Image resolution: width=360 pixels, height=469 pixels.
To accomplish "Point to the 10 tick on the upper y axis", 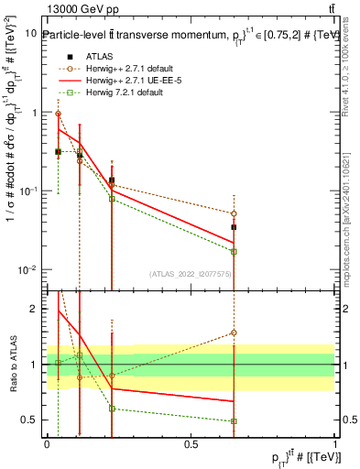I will [x=31, y=33].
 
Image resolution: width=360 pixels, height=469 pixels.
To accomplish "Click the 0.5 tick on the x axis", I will [x=191, y=442].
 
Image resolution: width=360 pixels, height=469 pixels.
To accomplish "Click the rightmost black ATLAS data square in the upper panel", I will [x=235, y=226].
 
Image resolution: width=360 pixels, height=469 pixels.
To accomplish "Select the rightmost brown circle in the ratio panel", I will [x=235, y=333].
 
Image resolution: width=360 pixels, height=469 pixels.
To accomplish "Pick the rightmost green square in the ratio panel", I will [x=235, y=421].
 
